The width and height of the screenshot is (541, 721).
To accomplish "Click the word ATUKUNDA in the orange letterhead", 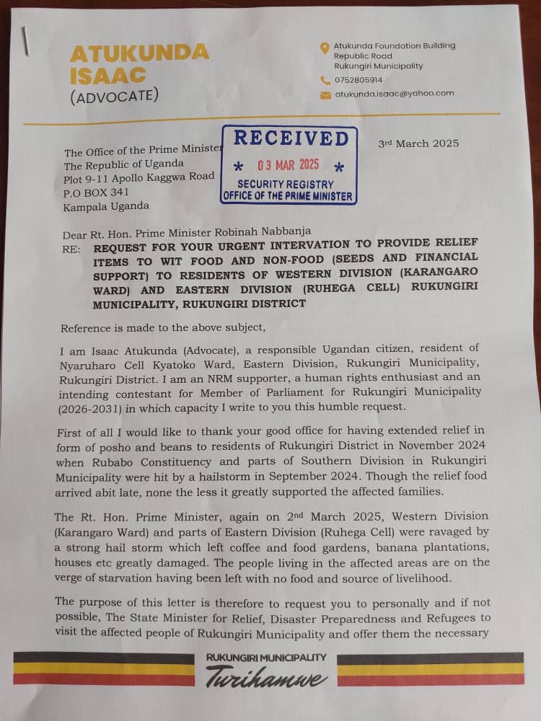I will coord(139,53).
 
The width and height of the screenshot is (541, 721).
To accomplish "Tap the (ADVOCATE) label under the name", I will coord(114,96).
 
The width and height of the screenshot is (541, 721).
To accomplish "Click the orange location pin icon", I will coord(325,48).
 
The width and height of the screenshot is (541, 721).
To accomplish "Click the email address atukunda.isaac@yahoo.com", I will coord(394,93).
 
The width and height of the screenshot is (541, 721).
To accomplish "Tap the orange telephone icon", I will coord(325,80).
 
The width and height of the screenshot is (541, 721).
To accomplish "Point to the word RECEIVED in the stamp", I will coord(291,138).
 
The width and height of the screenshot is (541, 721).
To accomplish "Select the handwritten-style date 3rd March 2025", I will coord(418,143).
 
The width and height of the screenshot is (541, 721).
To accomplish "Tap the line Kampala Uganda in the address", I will coord(106,205).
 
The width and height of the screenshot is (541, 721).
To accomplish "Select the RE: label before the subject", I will coord(71,245).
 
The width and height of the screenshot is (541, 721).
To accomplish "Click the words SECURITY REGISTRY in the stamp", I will coord(286,184).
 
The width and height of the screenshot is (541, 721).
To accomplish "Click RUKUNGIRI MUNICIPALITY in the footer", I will coord(266,658).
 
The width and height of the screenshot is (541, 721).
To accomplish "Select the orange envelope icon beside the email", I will coord(325,94).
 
